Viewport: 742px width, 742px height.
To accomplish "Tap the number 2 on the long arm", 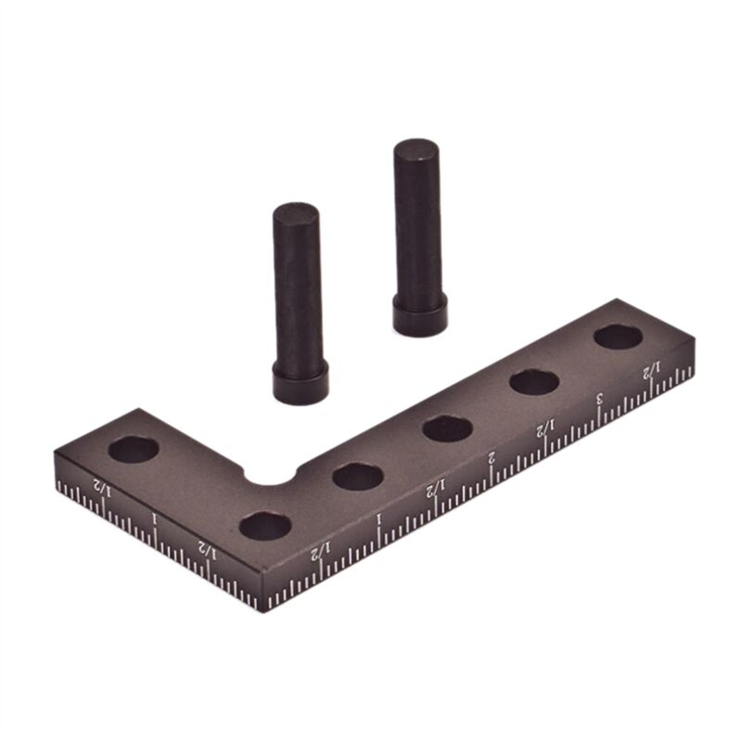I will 492,457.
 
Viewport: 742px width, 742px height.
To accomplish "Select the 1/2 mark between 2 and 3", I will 546,428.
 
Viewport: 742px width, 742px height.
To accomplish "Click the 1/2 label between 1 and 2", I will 436,488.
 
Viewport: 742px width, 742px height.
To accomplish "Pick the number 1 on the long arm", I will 378,518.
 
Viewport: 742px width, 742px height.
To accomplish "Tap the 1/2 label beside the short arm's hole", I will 101,489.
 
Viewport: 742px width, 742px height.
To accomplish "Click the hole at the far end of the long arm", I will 619,337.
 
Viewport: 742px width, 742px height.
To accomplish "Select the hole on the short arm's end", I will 133,450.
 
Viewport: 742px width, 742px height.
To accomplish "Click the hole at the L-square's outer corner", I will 265,526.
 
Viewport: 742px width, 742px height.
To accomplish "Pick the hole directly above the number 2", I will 447,429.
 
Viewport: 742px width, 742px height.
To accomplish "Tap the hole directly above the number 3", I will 533,381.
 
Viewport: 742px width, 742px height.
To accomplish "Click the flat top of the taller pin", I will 416,148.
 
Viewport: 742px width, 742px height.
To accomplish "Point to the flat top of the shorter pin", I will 296,212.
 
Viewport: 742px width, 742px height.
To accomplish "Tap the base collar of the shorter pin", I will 300,382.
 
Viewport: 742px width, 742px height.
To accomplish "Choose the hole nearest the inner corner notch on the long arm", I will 358,477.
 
